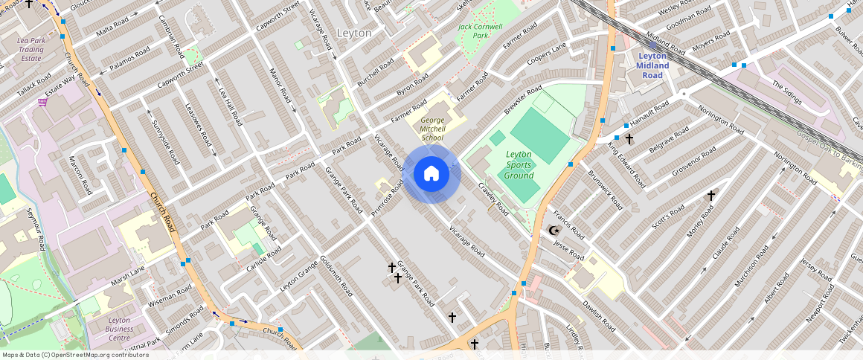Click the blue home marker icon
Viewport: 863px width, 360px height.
(x=431, y=174)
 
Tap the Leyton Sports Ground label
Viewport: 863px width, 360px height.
(x=519, y=165)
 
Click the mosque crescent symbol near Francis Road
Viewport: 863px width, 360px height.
(x=553, y=231)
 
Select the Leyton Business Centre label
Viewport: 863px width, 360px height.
(x=109, y=329)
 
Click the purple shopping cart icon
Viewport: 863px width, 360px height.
(x=42, y=102)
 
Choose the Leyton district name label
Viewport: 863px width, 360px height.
(x=359, y=33)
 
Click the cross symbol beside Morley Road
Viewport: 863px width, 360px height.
(x=710, y=196)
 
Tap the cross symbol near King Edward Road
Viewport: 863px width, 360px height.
(x=629, y=138)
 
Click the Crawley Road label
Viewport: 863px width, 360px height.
(x=493, y=199)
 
